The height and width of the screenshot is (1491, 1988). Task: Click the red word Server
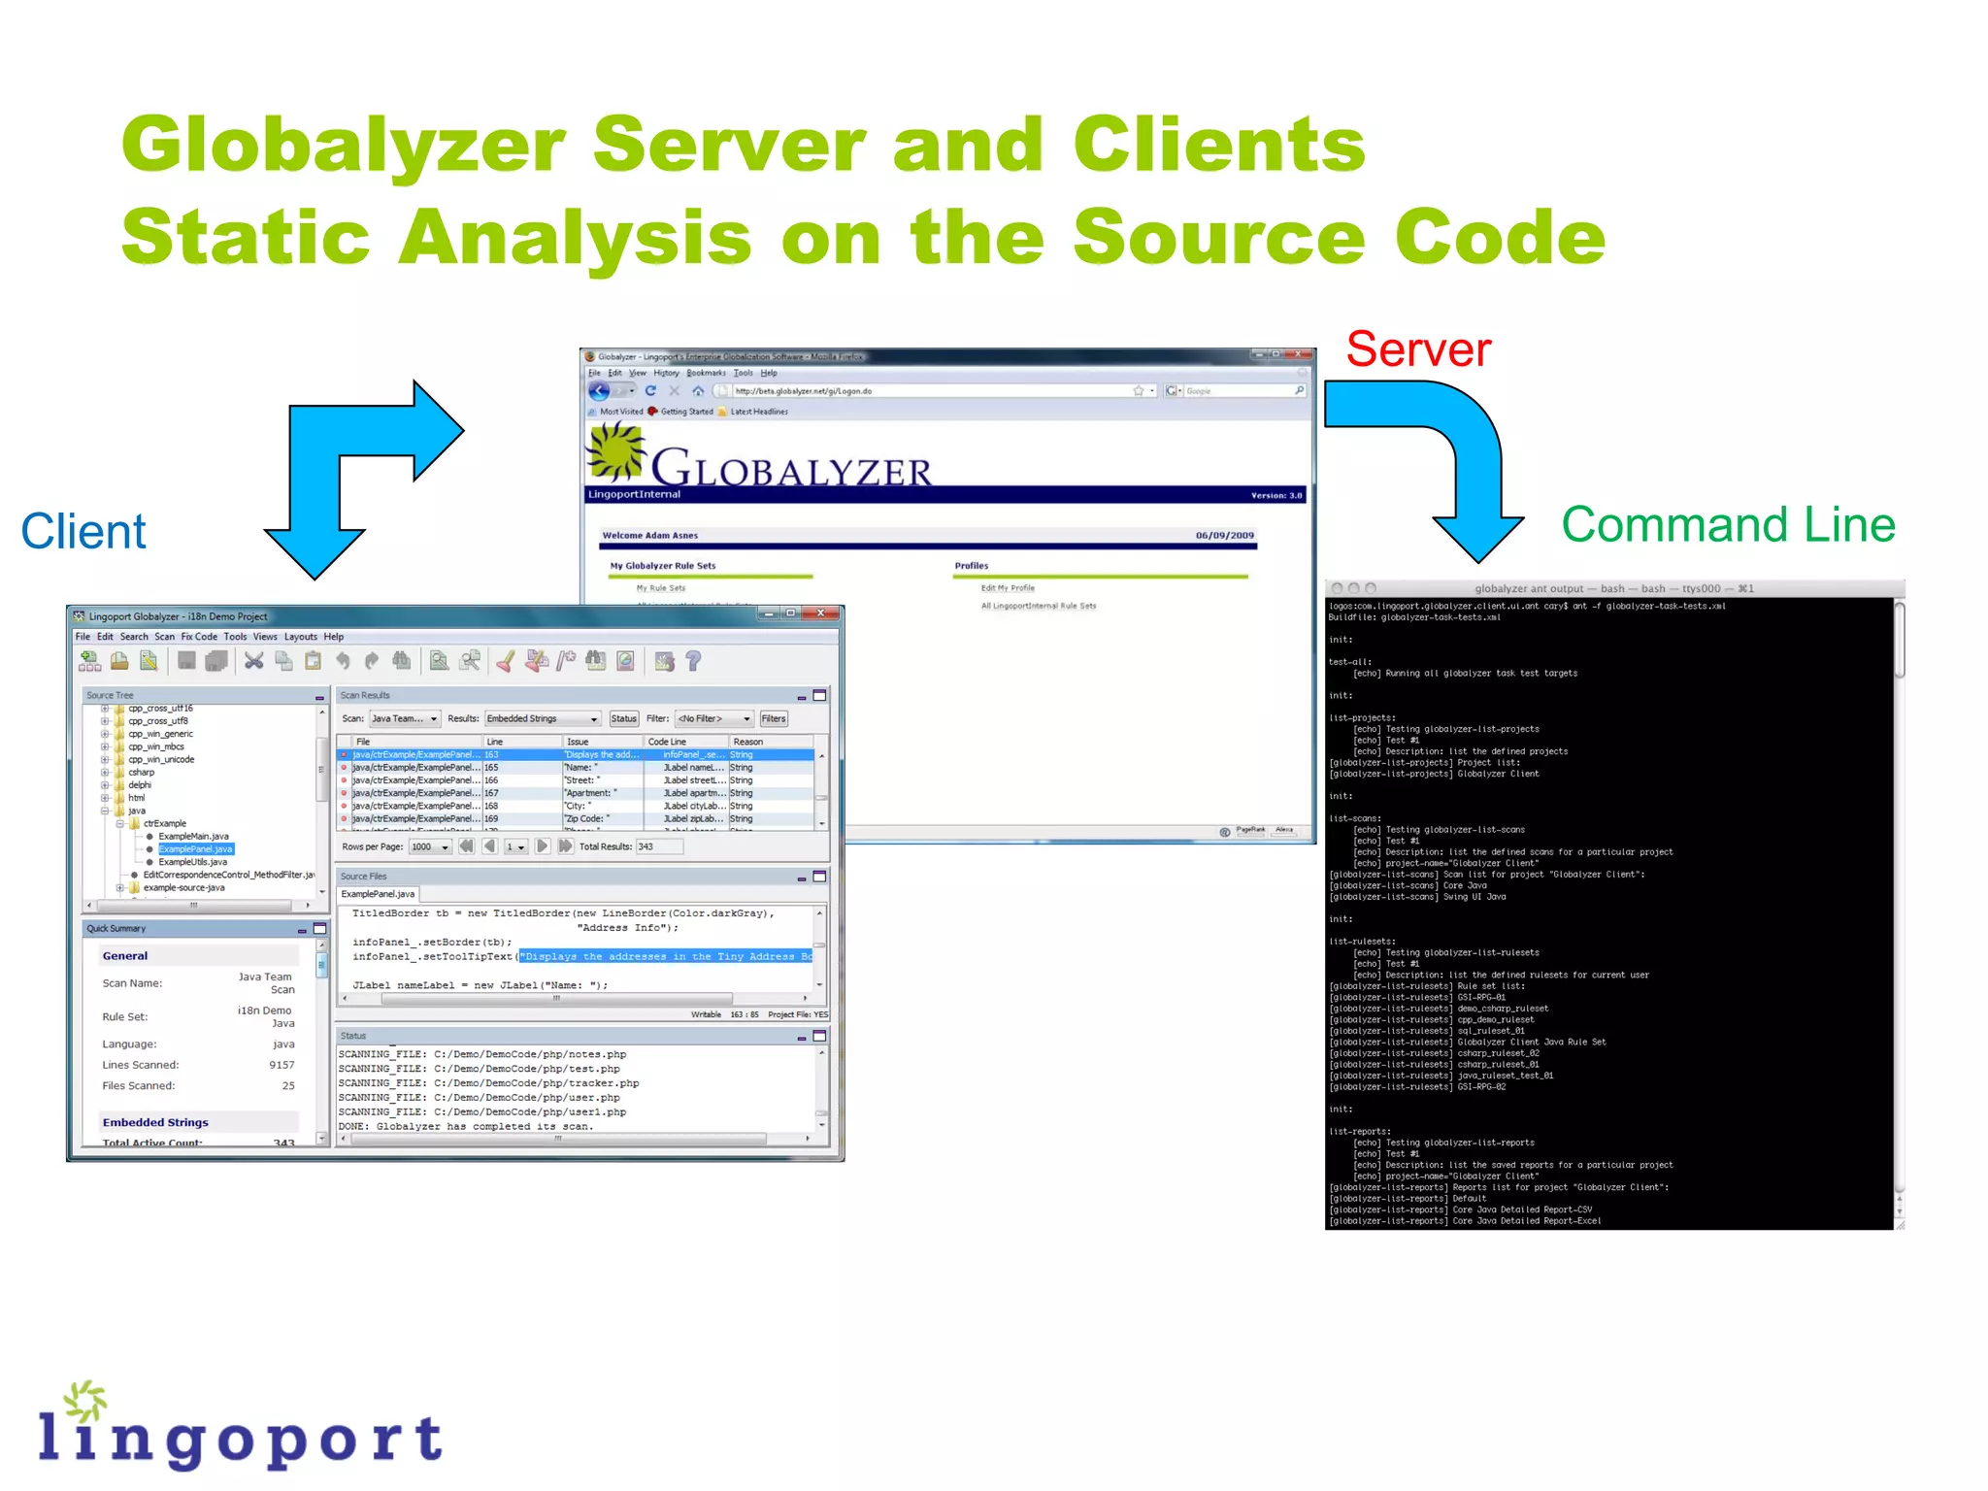1417,349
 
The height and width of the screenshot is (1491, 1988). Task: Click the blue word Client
83,532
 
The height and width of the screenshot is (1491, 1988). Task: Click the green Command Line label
1728,525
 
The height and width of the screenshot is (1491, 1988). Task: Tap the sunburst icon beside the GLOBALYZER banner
615,452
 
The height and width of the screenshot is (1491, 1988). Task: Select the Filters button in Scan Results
774,719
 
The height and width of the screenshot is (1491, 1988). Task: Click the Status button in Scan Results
623,719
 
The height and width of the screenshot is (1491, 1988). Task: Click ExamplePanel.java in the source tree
195,849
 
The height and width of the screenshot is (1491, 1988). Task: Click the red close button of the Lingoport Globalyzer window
821,613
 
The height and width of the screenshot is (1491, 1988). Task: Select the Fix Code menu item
199,638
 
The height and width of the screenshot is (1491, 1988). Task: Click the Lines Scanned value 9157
282,1065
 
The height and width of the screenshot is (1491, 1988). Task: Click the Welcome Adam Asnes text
649,536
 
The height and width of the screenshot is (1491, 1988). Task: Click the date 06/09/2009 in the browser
1224,536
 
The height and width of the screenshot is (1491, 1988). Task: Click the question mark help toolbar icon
693,662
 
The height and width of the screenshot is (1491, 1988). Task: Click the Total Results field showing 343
659,847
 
